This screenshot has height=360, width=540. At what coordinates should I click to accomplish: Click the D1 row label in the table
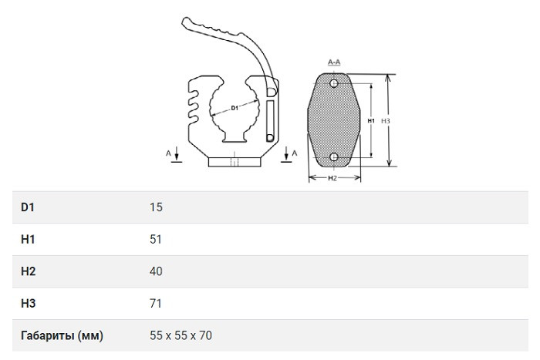point(28,207)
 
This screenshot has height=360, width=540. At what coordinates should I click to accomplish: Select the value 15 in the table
point(156,207)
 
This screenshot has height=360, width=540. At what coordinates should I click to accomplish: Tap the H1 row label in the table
point(28,239)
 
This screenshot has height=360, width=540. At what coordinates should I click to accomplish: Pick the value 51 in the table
point(156,239)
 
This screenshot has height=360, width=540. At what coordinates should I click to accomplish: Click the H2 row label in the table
point(29,271)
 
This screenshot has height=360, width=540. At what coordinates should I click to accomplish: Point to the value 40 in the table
point(156,271)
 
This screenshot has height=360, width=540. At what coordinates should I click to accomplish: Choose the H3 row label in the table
point(29,303)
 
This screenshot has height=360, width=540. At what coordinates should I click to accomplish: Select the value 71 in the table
point(156,303)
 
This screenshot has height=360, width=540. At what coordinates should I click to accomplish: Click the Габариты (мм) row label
point(62,335)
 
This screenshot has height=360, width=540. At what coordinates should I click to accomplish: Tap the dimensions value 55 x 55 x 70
point(181,335)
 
